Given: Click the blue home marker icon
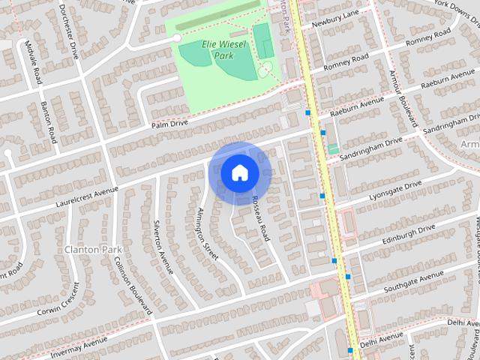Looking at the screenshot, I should (240, 173).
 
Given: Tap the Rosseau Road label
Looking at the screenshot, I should (260, 217).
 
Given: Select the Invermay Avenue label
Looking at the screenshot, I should (80, 346).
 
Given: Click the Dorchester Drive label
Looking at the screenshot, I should (67, 30).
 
